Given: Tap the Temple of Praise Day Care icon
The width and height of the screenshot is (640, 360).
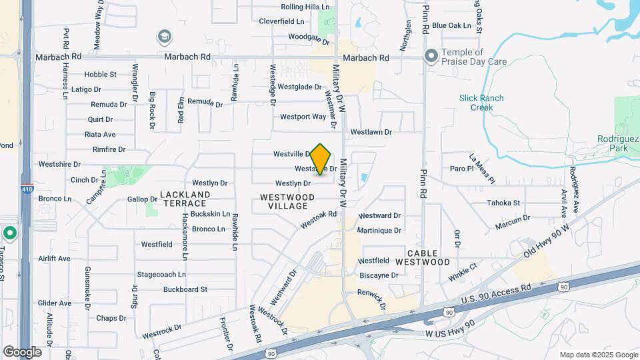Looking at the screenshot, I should (431, 57).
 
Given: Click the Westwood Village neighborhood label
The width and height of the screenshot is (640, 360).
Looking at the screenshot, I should (287, 201).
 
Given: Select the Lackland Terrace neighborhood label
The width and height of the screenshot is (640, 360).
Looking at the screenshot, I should (185, 199).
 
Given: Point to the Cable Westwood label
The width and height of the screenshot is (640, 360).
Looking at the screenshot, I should (422, 257).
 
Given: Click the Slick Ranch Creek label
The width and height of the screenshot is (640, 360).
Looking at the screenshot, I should (481, 103).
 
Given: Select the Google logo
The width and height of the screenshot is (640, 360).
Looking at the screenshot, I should (22, 352).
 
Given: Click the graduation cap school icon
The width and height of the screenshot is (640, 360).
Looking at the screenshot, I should (164, 36).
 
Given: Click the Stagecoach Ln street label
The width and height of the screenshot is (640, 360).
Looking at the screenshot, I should (161, 274).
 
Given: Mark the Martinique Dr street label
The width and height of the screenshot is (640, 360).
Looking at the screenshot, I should (379, 230).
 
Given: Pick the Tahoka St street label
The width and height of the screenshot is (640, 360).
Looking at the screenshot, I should (503, 203).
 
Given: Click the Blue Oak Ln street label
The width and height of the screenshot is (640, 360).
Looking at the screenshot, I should (451, 25).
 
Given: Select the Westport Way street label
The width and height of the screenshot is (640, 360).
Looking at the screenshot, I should (303, 117).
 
